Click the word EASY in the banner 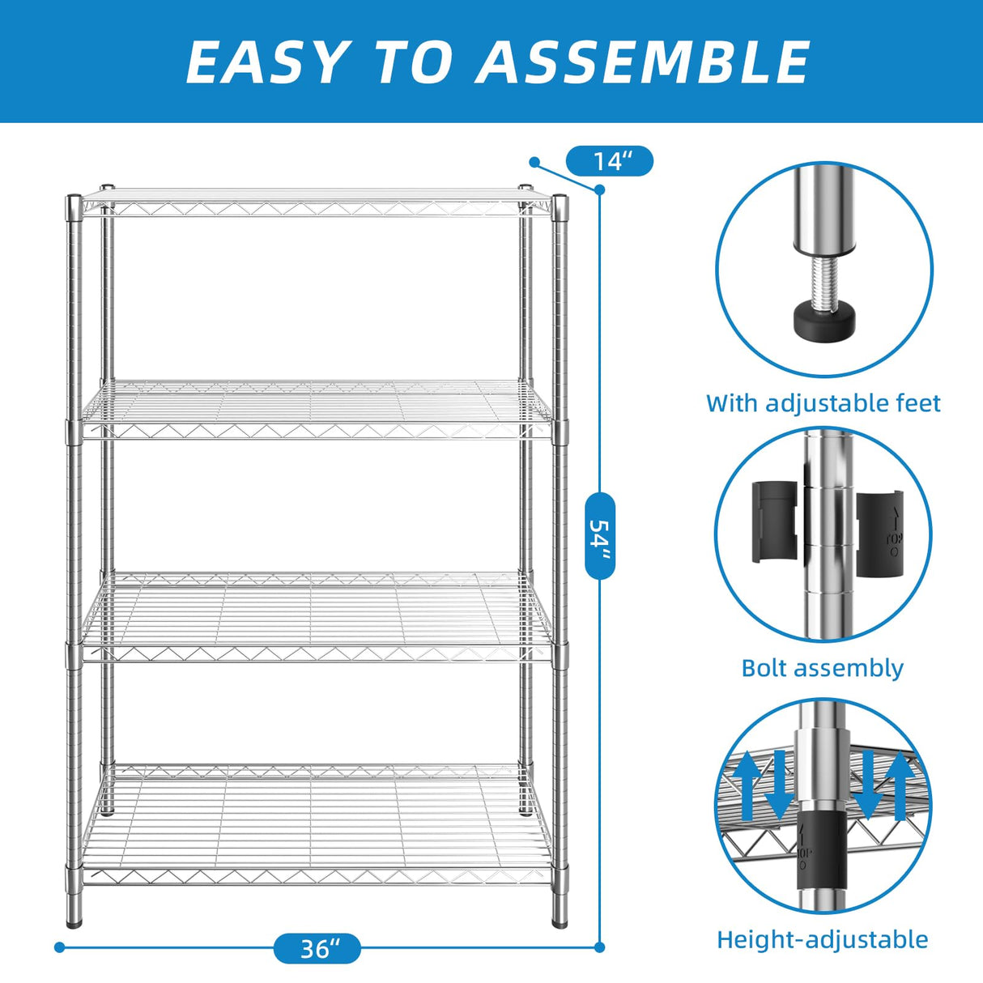pos(266,62)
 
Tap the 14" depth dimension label pos(610,162)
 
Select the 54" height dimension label pos(600,535)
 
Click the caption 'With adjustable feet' pos(823,403)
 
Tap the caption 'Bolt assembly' pos(822,668)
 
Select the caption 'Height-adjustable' pos(822,939)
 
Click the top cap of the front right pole pos(560,200)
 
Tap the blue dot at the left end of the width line pos(59,947)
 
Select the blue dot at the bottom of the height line pos(600,947)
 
